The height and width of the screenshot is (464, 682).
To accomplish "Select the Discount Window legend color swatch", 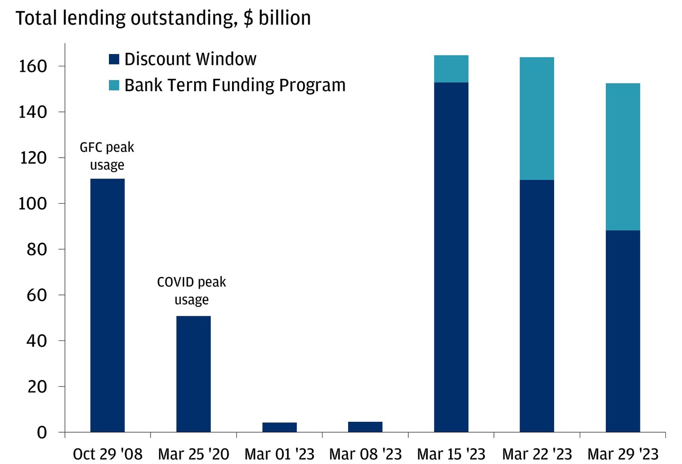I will coord(114,59).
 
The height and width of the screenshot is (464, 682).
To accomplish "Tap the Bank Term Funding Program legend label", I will coord(234,85).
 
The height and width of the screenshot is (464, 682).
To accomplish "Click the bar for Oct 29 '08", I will coord(108,305).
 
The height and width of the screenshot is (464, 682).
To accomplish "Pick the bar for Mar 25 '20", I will coord(193,374).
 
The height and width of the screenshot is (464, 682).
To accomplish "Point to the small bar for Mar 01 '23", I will coord(279,427).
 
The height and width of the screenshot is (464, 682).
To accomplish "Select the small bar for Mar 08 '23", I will coord(365,427).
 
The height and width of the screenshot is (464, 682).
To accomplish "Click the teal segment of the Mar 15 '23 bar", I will coord(451,69).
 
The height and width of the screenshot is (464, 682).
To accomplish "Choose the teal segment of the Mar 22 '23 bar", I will coord(537,118).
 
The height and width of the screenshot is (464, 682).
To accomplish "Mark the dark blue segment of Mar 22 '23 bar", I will coord(537,306).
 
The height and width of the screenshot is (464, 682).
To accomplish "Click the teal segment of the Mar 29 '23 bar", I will coord(623,157).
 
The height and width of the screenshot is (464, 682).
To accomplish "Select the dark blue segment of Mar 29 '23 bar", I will coord(623,331).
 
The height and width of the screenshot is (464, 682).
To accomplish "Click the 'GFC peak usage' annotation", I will coord(107,156).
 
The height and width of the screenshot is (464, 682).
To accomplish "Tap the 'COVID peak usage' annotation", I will coord(191,290).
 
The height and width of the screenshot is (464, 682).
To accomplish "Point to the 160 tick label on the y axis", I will coord(33,66).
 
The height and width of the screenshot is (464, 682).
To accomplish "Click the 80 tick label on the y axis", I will coord(37,249).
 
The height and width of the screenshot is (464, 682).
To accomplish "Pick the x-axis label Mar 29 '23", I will coord(623,454).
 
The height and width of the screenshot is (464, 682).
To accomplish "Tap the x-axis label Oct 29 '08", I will coord(108,454).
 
